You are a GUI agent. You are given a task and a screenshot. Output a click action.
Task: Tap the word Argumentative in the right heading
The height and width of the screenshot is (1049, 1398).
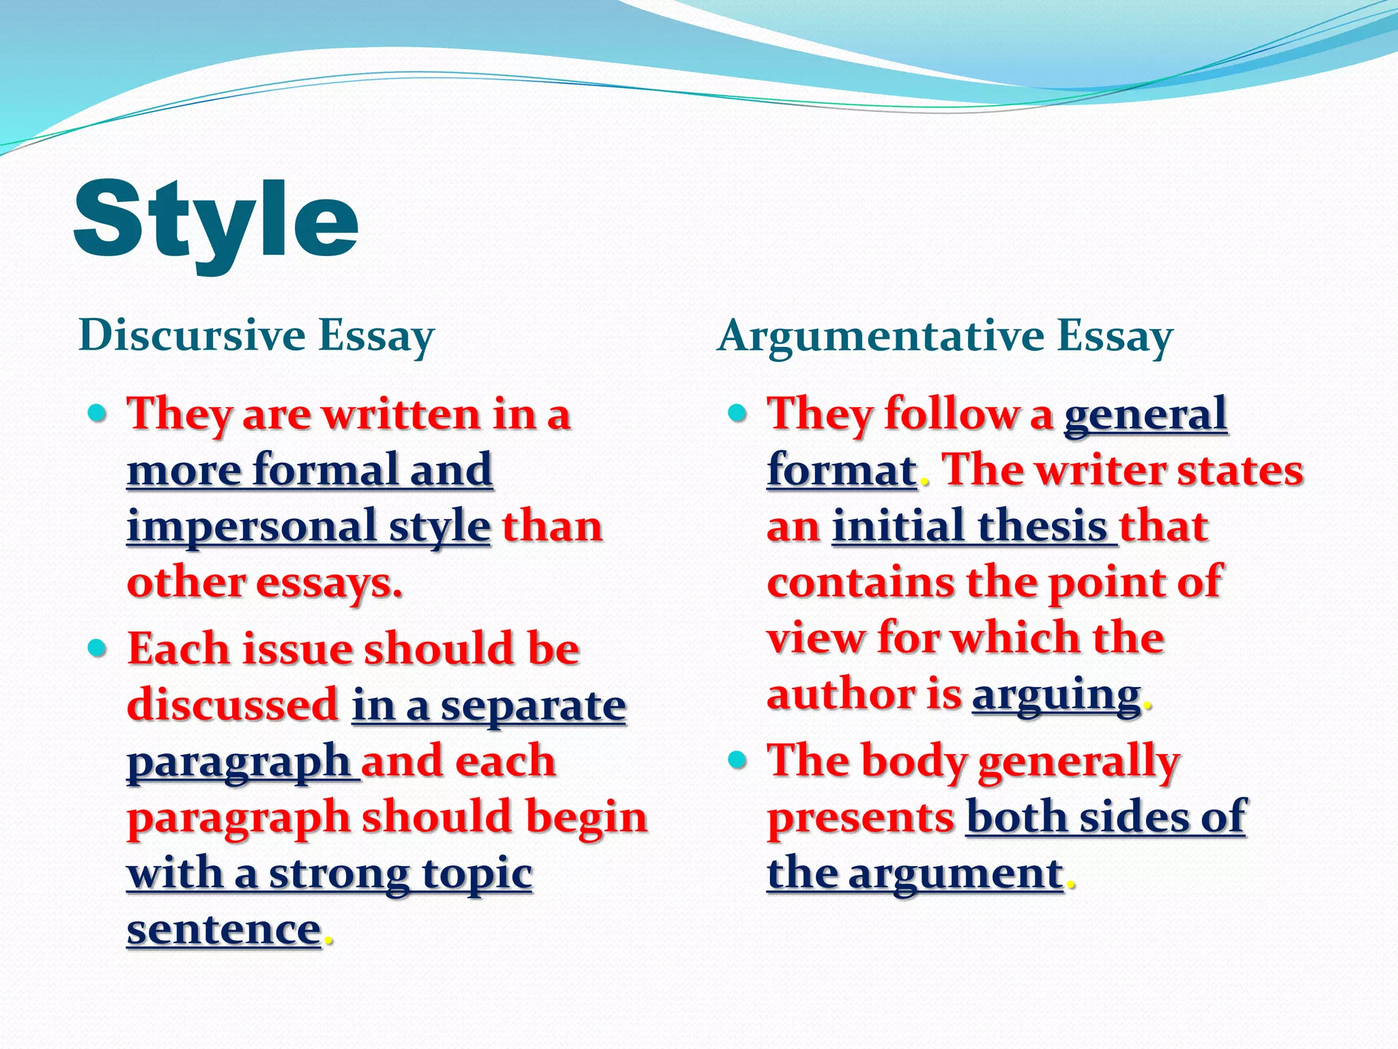(880, 337)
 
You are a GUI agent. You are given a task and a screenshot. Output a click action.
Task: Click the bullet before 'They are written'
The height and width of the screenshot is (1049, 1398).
(98, 413)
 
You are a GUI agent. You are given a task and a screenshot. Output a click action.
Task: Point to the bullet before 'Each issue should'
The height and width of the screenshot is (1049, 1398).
(98, 647)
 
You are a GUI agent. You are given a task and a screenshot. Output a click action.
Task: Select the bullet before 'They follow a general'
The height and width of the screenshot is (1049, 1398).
(737, 413)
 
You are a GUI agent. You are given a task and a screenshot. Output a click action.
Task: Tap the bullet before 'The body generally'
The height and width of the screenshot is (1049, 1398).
(737, 759)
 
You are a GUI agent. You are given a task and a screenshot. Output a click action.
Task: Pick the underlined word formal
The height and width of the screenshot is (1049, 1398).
(324, 470)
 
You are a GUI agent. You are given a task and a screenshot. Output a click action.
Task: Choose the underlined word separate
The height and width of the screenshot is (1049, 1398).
(533, 705)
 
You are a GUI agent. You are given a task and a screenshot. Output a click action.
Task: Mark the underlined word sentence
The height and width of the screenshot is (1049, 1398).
(224, 929)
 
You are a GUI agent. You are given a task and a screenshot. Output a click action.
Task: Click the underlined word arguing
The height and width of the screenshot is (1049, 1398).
(1056, 695)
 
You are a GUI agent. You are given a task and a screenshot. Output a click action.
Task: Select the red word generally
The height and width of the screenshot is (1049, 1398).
(1079, 761)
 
